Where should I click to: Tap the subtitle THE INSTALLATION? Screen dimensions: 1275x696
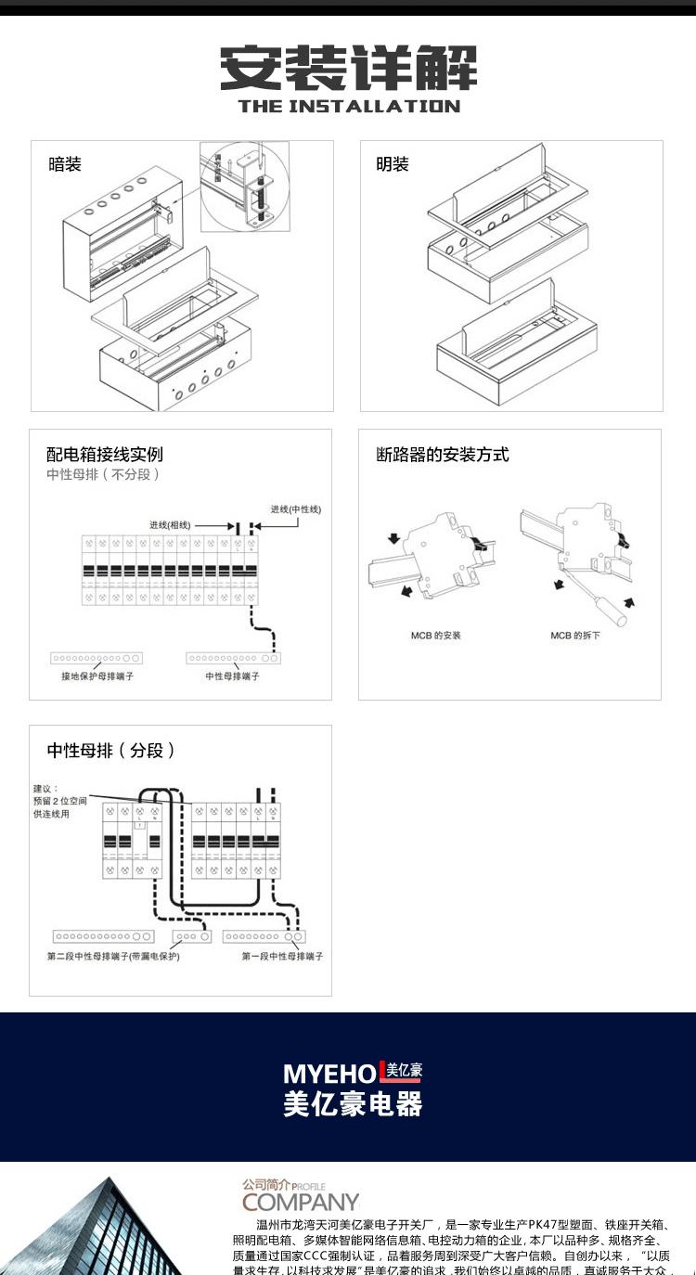point(348,106)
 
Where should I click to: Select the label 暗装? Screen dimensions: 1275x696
point(65,164)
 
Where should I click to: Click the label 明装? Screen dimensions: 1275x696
point(393,164)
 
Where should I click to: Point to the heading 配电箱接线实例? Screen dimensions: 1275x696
point(105,455)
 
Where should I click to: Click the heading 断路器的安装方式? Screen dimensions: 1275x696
point(443,455)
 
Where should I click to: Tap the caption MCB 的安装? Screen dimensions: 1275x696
point(436,636)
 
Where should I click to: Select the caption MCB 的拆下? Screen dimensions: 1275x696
point(575,636)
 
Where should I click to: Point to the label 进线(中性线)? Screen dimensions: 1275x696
point(296,509)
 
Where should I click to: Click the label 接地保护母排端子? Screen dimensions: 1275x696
point(97,676)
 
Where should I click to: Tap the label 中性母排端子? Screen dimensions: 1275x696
point(232,676)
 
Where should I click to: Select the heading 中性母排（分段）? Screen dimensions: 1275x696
point(111,751)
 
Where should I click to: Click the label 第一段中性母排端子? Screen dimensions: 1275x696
point(282,956)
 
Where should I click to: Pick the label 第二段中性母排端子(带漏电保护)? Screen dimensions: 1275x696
point(113,956)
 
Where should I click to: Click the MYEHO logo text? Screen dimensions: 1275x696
point(330,1074)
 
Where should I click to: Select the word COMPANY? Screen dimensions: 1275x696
point(301,1203)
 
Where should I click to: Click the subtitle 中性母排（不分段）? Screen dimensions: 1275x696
point(104,474)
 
